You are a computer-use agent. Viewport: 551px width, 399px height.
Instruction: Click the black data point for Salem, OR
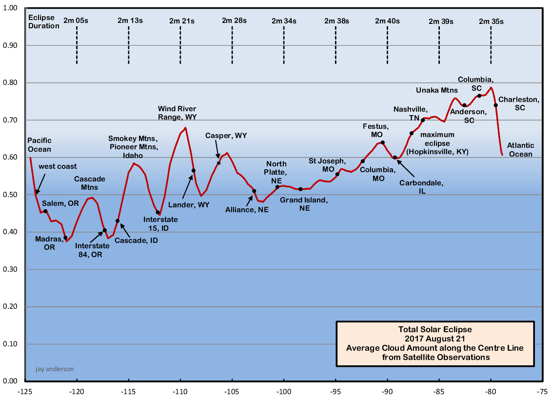coord(45,211)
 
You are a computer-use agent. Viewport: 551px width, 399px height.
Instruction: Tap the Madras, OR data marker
coord(65,238)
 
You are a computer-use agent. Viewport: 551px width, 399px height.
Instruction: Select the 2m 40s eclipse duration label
coord(387,21)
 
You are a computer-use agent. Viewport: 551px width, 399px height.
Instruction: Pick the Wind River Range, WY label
coord(177,113)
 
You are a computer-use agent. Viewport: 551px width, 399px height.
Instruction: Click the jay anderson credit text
coord(55,369)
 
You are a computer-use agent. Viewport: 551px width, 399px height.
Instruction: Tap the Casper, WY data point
coord(219,162)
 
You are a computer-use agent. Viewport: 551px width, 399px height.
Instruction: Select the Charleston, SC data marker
coord(495,105)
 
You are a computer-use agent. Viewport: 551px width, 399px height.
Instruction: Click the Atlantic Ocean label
coord(520,150)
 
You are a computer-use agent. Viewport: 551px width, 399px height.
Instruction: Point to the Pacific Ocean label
coord(39,145)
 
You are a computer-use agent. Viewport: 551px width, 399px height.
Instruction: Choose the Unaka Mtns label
coord(437,90)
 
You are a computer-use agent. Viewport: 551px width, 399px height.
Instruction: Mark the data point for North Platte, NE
coord(277,187)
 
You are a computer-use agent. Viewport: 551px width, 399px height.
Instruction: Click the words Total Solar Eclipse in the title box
coord(435,329)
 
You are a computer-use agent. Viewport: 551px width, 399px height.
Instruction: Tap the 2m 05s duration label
coord(76,20)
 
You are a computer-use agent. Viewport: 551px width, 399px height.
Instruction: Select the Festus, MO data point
coord(383,142)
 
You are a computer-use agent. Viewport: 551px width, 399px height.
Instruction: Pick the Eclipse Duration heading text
coord(43,22)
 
